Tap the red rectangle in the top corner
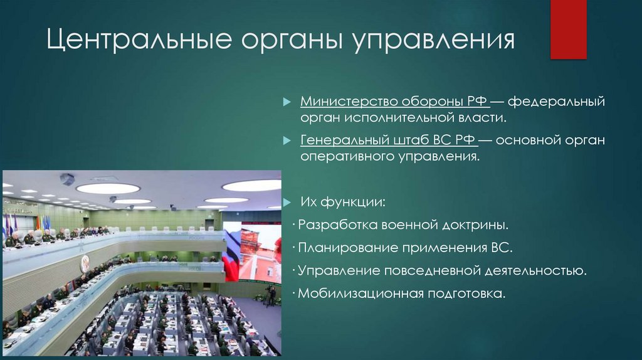click(568, 29)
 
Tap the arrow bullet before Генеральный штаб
click(287, 140)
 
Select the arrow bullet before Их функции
click(287, 203)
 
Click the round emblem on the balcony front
click(85, 263)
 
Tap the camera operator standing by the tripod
click(271, 295)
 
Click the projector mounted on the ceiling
click(67, 179)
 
